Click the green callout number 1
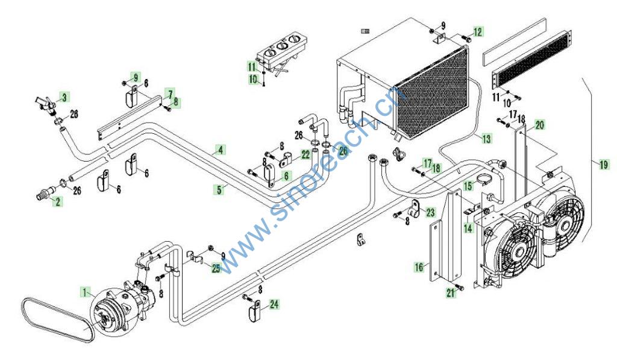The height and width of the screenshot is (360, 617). point(86,292)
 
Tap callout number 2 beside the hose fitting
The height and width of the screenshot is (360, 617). point(57,202)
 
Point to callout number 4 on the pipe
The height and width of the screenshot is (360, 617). point(221,149)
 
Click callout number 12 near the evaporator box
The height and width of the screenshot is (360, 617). point(478,32)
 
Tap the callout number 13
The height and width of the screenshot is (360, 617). point(486,139)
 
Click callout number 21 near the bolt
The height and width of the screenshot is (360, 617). point(451,292)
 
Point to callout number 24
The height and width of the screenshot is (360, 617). point(274,305)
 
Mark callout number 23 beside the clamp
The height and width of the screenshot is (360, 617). point(430,212)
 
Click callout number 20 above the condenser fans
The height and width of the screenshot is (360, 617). point(539,125)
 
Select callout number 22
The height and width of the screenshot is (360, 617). point(305,155)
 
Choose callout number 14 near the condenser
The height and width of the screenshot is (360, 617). point(468,229)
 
